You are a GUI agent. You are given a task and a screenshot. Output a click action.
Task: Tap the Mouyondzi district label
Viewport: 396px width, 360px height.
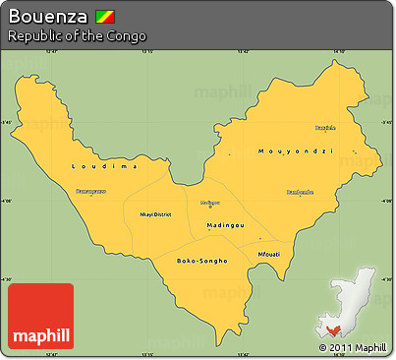click(295, 151)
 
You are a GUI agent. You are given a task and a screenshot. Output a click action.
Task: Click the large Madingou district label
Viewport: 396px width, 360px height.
click(226, 225)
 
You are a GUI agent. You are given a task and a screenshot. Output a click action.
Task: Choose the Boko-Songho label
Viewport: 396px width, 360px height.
click(201, 261)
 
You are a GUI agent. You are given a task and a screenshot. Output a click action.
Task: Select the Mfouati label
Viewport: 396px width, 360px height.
click(268, 254)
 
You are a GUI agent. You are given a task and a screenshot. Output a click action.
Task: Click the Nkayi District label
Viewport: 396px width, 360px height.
click(155, 213)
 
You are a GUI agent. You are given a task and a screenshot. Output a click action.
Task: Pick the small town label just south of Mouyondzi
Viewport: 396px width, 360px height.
click(300, 192)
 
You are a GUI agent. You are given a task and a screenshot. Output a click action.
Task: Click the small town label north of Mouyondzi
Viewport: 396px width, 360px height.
click(325, 127)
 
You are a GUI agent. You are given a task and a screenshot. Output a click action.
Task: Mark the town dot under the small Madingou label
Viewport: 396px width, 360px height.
click(210, 207)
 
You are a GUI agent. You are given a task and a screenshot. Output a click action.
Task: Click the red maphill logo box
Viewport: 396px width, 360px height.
click(40, 316)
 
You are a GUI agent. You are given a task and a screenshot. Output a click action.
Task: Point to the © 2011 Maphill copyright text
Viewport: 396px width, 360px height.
click(352, 348)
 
